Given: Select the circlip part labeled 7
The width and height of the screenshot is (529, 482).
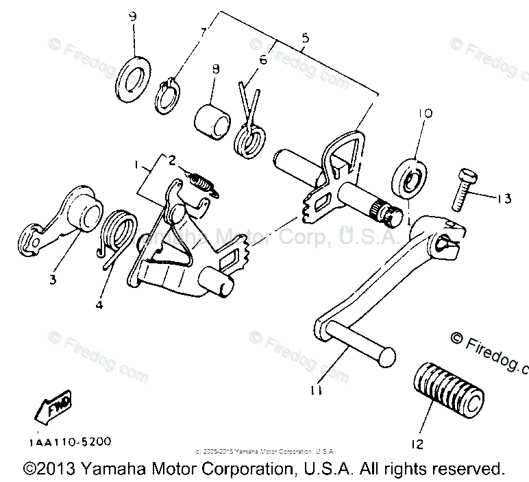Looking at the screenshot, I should (167, 95).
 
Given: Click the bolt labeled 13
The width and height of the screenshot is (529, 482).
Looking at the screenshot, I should (460, 189).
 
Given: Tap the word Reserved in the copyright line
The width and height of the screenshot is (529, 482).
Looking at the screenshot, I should (466, 470).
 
